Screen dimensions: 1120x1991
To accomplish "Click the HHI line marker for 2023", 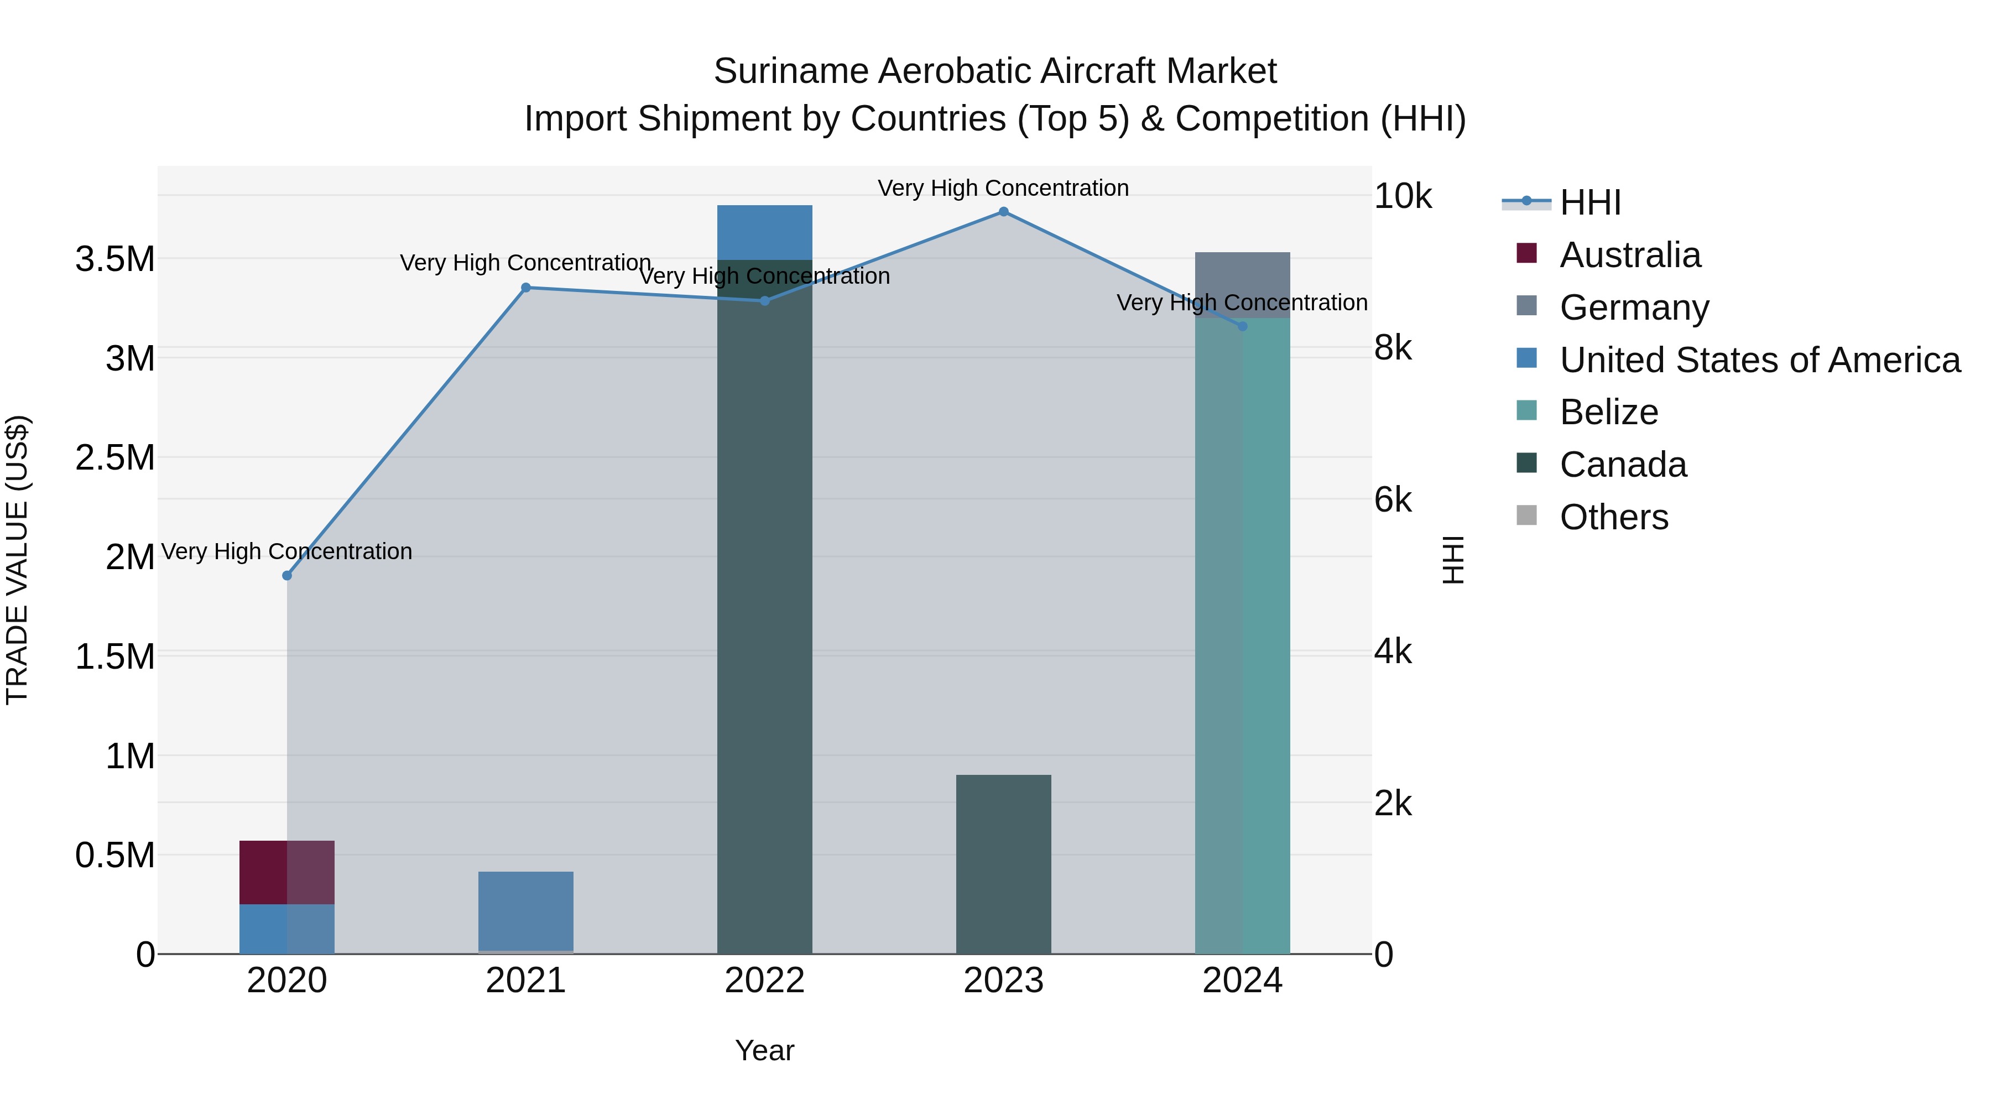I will click(1003, 212).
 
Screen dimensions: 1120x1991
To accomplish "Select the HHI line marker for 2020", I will click(286, 575).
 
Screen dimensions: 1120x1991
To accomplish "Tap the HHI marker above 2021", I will click(525, 288).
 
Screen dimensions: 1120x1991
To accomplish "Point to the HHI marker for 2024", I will click(1242, 326).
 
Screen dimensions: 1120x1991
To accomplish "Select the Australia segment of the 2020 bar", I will click(286, 872).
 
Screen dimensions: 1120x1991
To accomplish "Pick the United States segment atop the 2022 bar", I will click(764, 232).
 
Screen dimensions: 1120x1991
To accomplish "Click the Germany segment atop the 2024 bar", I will click(1242, 284).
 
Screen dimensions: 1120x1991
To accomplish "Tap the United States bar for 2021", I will click(525, 910).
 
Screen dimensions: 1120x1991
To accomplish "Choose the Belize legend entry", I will click(1608, 412).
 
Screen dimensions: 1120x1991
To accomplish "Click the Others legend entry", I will click(1613, 517).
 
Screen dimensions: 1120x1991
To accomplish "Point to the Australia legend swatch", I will click(1526, 253).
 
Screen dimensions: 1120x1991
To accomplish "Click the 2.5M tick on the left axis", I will click(115, 457).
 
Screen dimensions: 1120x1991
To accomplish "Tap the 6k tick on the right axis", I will click(1392, 500).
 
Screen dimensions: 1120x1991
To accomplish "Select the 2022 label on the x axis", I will click(764, 981).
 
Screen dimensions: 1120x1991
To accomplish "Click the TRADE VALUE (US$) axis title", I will click(17, 560).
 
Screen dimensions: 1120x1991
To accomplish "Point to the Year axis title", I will click(764, 1050).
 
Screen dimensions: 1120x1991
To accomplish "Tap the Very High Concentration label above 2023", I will click(1003, 188).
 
